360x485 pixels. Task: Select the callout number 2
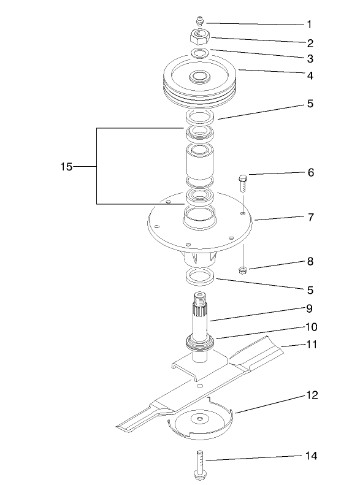coord(310,43)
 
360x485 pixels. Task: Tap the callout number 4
coord(310,76)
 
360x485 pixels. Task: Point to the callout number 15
coord(66,167)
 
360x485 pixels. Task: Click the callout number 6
coord(310,173)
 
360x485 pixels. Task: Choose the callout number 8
coord(310,261)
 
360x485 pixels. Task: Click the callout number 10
coord(312,327)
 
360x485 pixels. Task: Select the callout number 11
coord(312,345)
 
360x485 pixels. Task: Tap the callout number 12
coord(312,395)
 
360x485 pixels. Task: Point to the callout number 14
coord(312,456)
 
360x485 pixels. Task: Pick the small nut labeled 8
coord(243,269)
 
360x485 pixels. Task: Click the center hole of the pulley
coord(199,77)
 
